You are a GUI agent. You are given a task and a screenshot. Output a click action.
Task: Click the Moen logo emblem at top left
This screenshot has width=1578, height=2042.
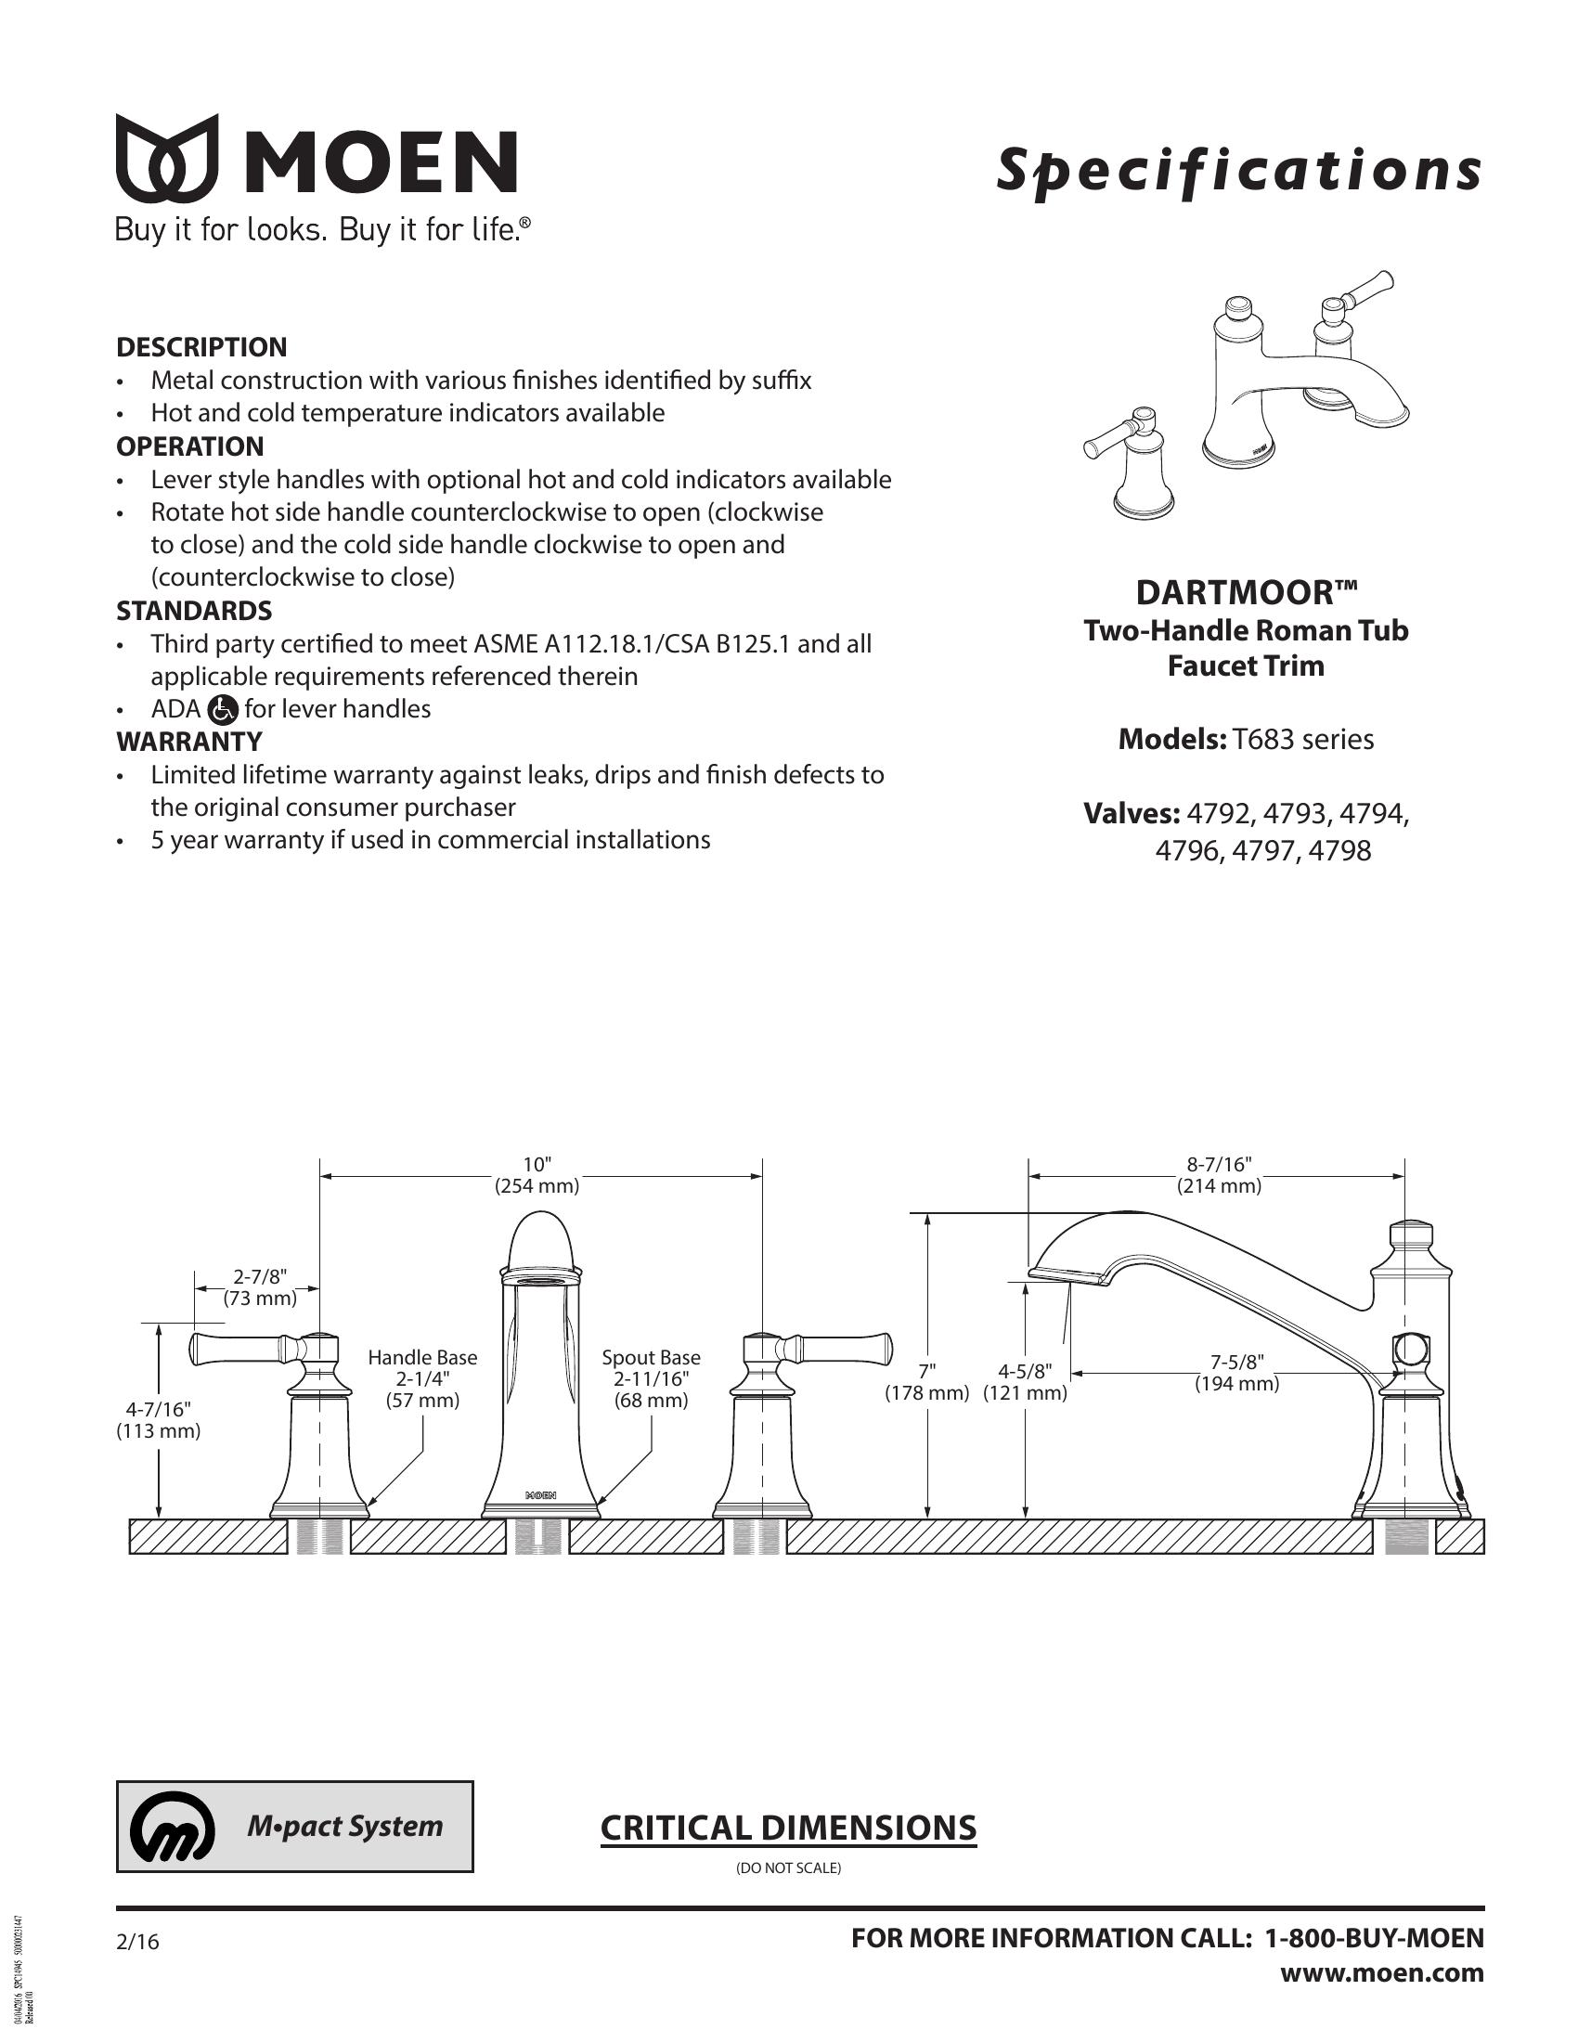click(166, 158)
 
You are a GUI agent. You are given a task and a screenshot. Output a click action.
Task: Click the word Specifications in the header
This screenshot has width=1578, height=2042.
click(1238, 170)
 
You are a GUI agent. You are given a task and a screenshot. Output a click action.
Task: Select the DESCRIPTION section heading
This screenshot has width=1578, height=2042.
click(201, 347)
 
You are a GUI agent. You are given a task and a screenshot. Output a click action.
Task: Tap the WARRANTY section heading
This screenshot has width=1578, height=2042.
click(188, 742)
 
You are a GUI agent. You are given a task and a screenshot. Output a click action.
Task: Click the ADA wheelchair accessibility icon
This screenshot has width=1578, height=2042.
click(224, 710)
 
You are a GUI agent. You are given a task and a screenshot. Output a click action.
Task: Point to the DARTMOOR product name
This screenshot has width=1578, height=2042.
click(1245, 592)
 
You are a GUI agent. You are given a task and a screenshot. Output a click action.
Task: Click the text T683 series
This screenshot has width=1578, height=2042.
click(1302, 740)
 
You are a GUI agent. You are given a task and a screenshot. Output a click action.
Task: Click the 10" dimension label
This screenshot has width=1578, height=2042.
click(537, 1164)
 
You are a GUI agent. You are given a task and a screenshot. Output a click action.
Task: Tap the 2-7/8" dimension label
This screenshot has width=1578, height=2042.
click(259, 1276)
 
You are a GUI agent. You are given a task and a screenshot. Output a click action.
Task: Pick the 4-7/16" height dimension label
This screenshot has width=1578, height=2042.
click(158, 1409)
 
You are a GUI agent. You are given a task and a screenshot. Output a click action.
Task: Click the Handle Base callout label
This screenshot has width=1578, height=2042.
click(422, 1357)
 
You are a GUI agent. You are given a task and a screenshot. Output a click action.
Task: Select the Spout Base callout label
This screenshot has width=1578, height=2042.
click(651, 1357)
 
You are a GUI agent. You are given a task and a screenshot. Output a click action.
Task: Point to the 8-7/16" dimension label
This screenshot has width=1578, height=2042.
click(1218, 1164)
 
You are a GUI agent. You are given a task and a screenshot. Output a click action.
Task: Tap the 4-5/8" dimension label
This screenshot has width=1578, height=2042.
click(1025, 1371)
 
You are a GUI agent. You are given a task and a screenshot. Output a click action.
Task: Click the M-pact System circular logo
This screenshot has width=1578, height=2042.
click(173, 1828)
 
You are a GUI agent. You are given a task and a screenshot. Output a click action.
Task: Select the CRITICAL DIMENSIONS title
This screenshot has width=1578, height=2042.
click(788, 1827)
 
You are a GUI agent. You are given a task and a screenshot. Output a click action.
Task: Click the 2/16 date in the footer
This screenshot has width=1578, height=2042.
click(138, 1943)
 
